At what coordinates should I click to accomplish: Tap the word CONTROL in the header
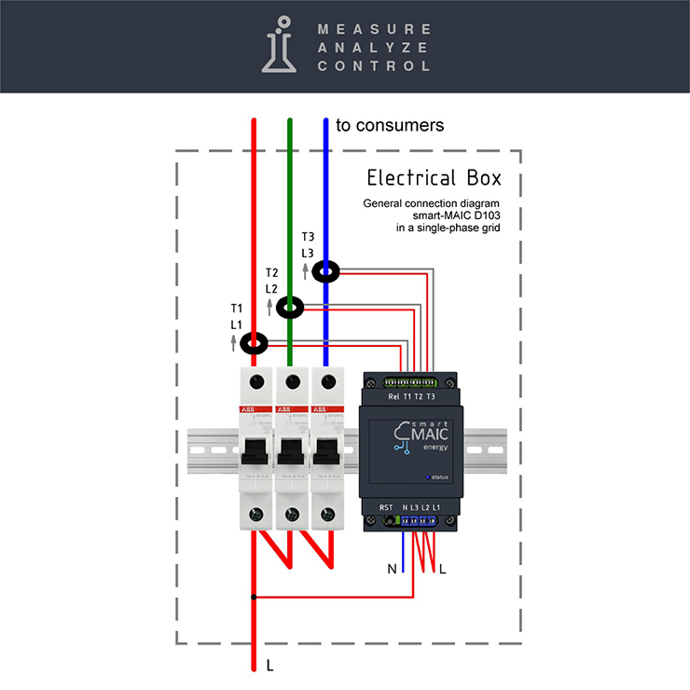point(374,66)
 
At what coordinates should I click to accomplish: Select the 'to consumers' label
point(389,125)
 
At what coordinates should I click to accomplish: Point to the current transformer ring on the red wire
point(254,344)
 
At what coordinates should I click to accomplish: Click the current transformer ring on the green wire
point(290,306)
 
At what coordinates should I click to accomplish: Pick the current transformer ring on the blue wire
point(325,271)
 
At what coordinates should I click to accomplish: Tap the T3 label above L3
point(308,237)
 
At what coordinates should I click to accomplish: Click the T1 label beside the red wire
point(237,308)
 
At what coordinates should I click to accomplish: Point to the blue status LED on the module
point(427,477)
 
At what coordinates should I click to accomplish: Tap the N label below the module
point(393,568)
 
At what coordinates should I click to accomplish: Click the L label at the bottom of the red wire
point(269,666)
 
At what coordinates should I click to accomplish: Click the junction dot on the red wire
point(254,597)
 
